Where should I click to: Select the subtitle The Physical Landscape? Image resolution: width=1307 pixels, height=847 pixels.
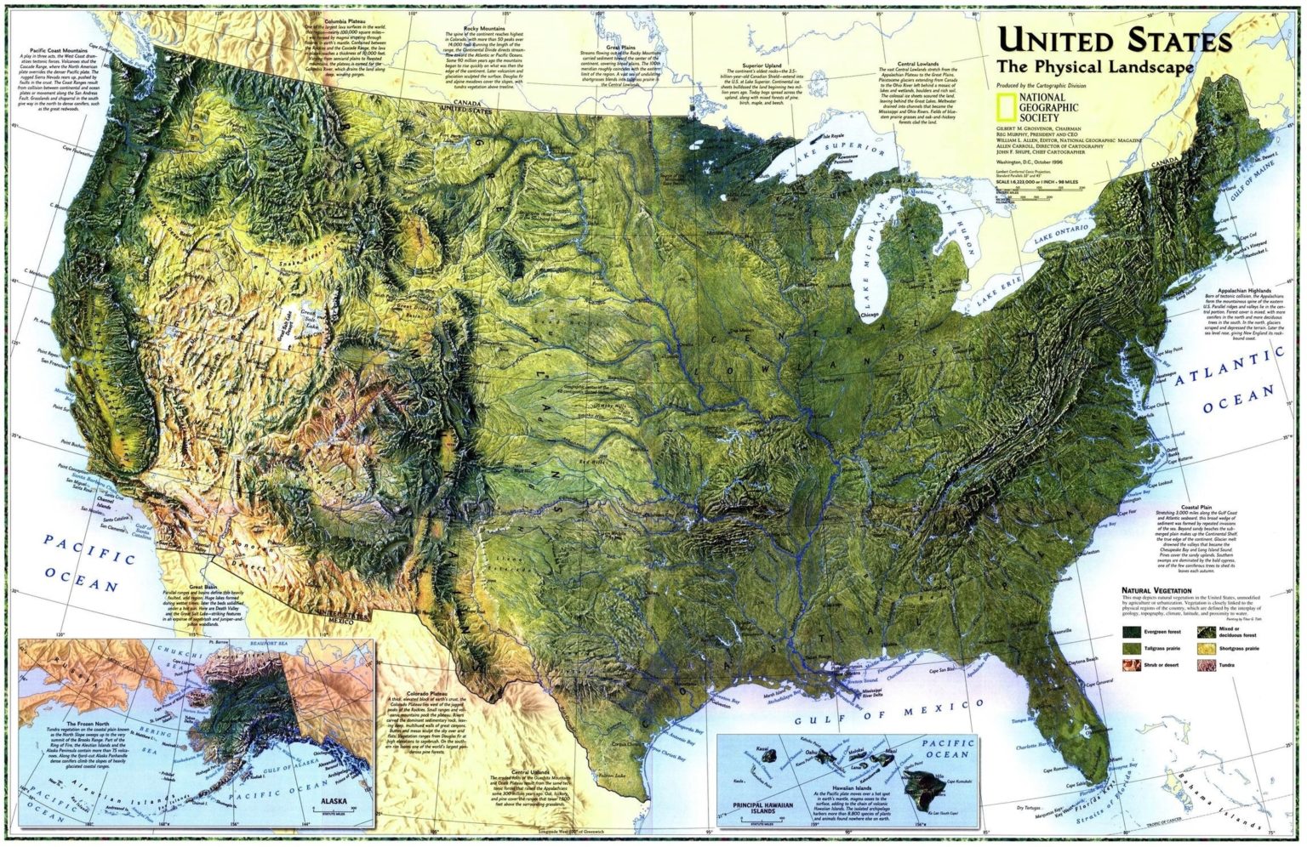[1095, 66]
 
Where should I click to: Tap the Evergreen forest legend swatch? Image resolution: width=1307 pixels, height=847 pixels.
[1132, 632]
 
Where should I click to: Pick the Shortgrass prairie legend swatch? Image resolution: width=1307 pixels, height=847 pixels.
[1207, 648]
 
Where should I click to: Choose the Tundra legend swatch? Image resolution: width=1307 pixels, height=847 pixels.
[1207, 664]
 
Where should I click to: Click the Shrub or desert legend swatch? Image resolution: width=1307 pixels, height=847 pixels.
[1132, 664]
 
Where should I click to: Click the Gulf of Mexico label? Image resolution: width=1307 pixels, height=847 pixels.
[889, 713]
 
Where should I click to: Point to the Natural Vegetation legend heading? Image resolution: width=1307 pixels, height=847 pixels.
[1156, 590]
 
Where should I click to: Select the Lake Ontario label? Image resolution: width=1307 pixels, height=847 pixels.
[1061, 236]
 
